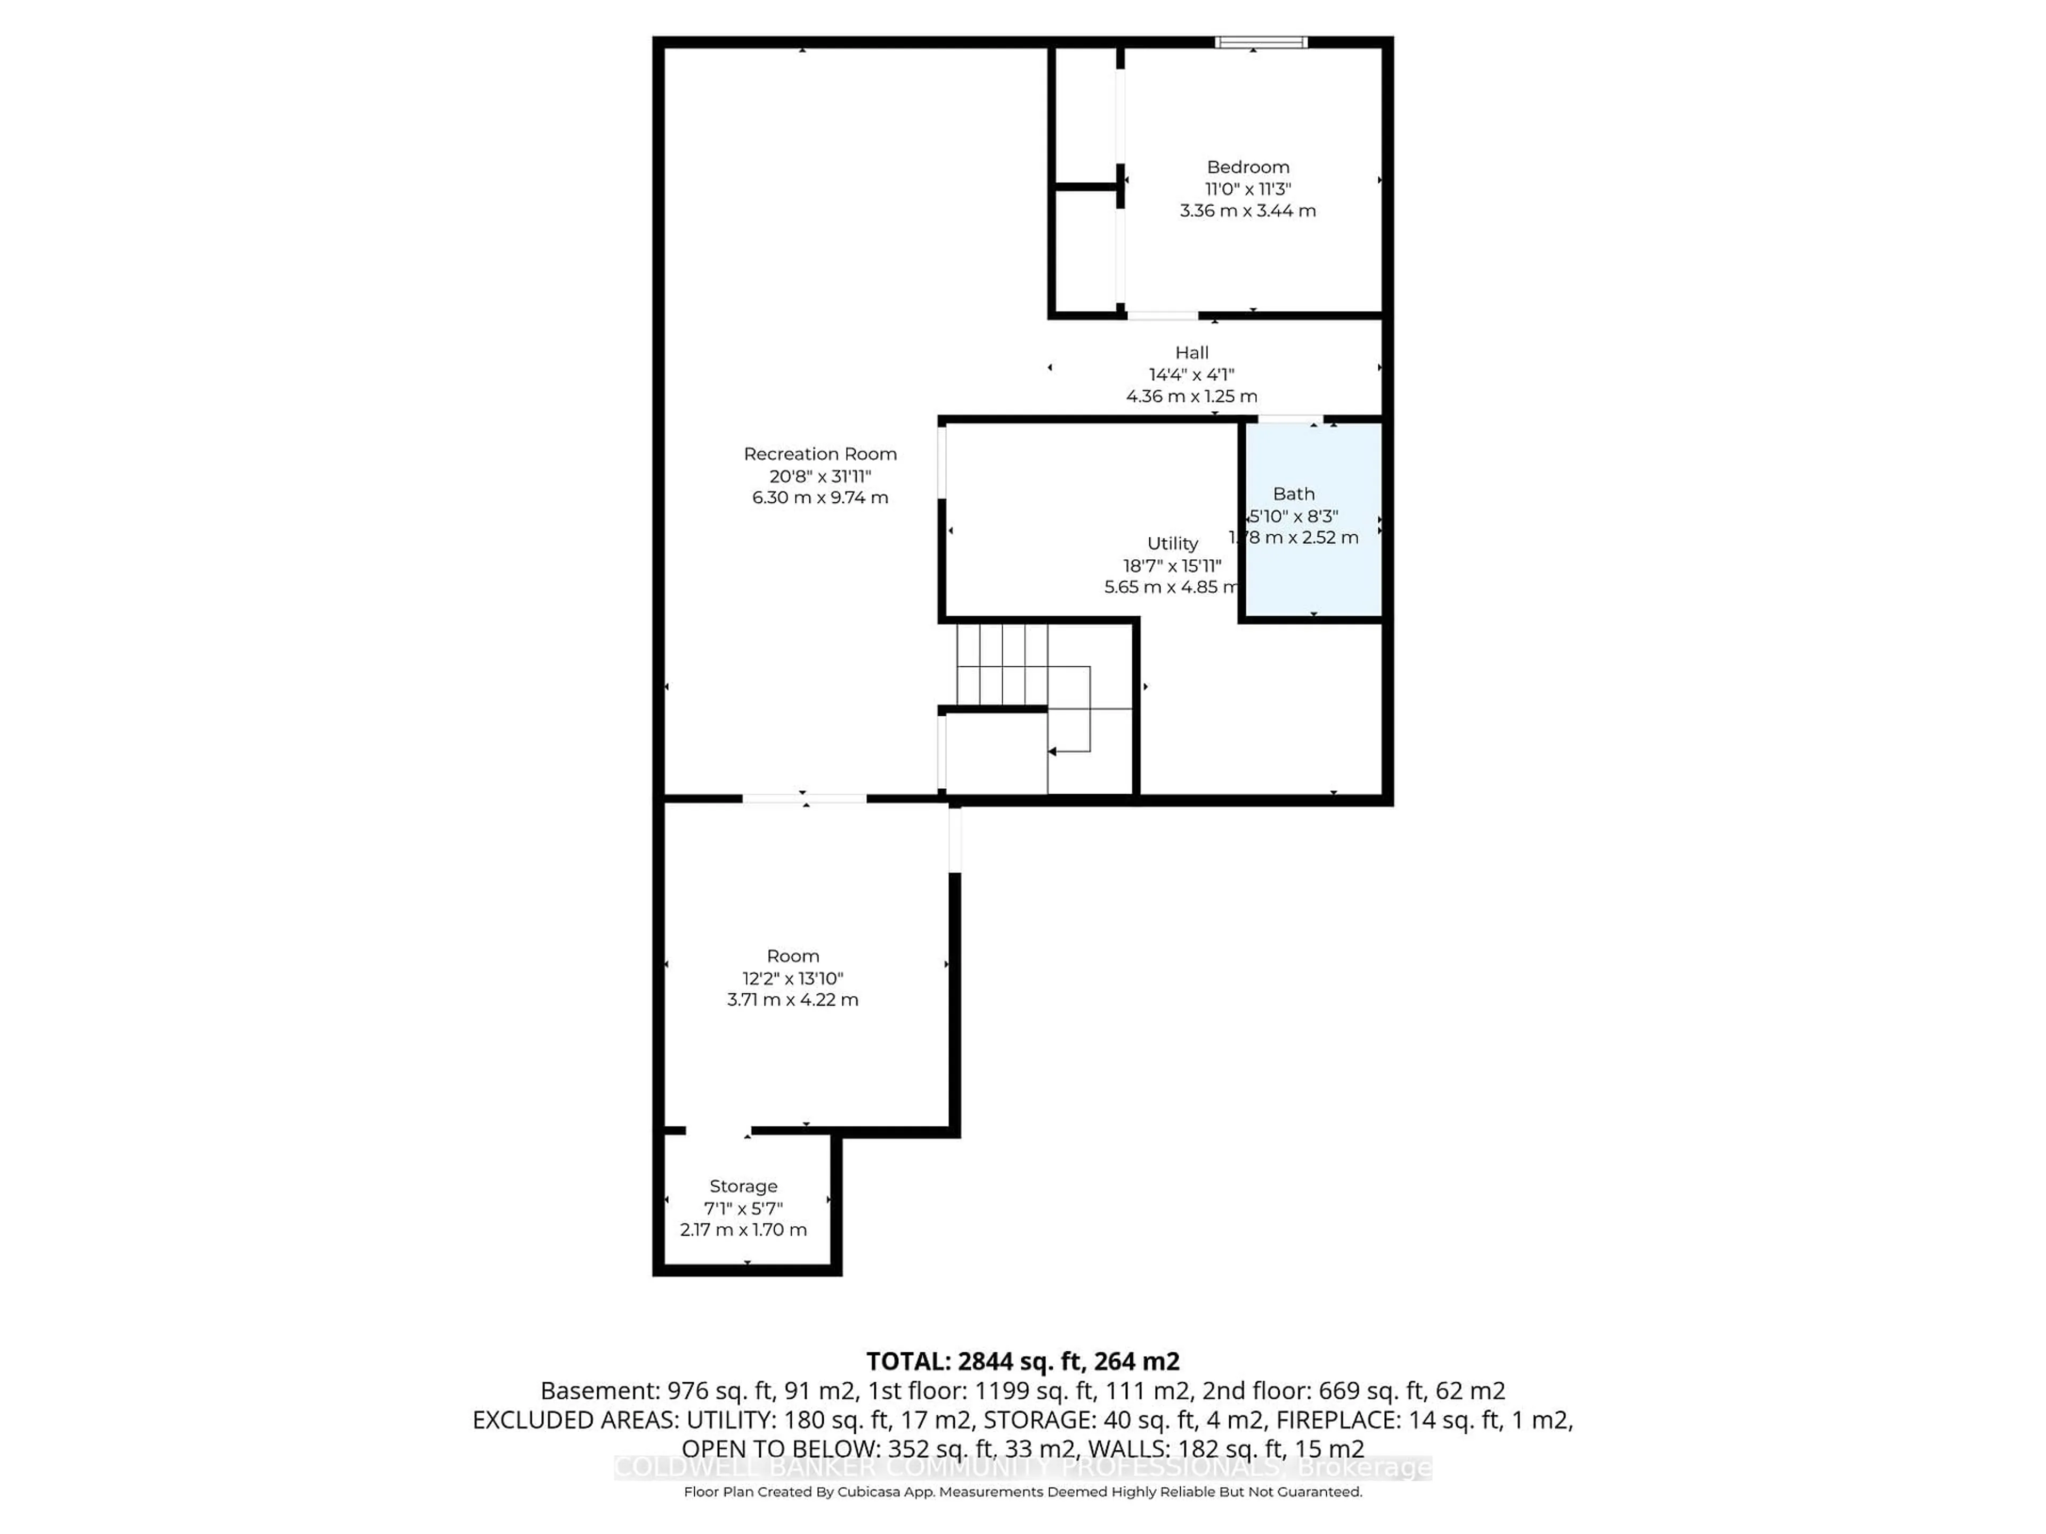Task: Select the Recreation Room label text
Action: (x=819, y=454)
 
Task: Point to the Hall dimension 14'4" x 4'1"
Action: (x=1191, y=374)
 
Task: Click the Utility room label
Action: (x=1172, y=544)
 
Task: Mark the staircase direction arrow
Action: (x=1054, y=752)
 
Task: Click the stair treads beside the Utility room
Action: (x=1002, y=664)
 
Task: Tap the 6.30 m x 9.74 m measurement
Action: (x=819, y=497)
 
